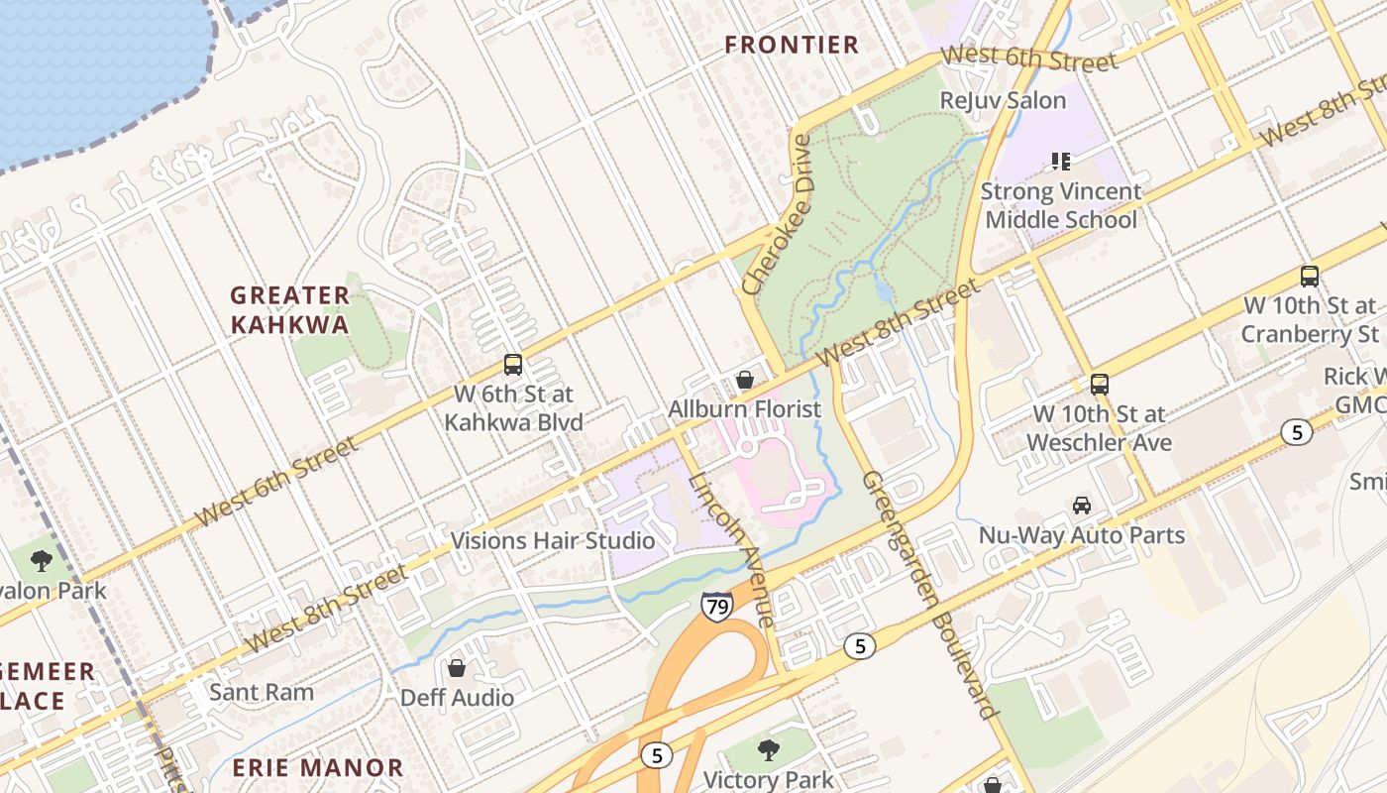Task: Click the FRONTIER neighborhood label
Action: click(x=792, y=45)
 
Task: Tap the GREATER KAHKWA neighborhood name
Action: click(x=290, y=310)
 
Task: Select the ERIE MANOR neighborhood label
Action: click(x=318, y=767)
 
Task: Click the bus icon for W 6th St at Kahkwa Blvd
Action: click(x=512, y=365)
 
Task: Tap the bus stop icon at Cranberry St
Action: click(x=1309, y=277)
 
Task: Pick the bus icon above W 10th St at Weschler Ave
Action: click(x=1099, y=385)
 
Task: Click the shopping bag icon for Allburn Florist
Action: click(x=744, y=380)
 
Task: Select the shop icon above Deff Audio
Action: click(x=457, y=668)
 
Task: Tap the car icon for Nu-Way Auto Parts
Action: click(x=1082, y=506)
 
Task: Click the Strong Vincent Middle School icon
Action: click(x=1061, y=161)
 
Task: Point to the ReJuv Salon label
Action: click(x=1003, y=100)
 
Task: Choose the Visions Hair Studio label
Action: click(x=553, y=540)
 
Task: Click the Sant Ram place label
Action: click(x=262, y=692)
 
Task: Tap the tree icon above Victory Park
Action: click(x=768, y=749)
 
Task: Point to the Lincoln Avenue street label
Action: click(x=730, y=549)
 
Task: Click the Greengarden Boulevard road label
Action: click(x=927, y=593)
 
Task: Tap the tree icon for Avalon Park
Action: click(x=42, y=561)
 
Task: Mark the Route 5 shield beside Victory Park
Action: click(x=655, y=755)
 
